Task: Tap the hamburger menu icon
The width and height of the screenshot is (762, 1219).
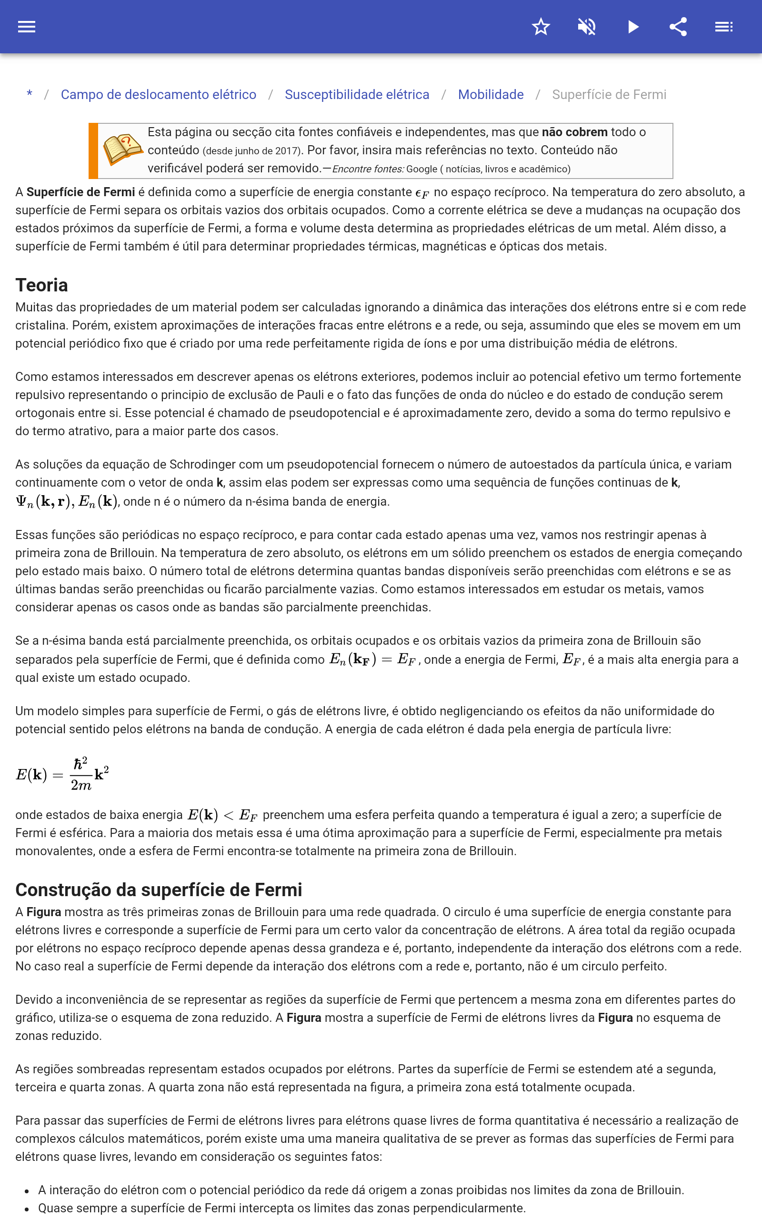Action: [27, 27]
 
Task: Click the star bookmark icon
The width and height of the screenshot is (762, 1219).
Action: [541, 27]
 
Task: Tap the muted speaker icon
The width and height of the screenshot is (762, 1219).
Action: [587, 27]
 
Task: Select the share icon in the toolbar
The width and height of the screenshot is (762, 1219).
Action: [678, 27]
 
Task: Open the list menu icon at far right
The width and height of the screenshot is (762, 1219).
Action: [724, 27]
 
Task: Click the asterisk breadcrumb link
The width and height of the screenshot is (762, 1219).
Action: [30, 94]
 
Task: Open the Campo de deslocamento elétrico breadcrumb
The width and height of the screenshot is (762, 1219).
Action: [158, 94]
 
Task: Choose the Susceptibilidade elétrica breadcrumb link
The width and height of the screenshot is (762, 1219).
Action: [357, 94]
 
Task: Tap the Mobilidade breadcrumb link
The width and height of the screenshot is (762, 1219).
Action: [491, 94]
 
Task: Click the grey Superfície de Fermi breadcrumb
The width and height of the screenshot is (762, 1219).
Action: [609, 94]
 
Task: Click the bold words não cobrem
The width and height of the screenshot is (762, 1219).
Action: [574, 132]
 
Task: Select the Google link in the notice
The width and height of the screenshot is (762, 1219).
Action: [422, 169]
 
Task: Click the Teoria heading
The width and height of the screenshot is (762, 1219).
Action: [41, 285]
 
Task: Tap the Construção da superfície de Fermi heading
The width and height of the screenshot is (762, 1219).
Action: [158, 889]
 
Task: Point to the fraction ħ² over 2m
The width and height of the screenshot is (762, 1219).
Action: [80, 774]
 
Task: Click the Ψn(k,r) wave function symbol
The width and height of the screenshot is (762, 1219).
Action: [43, 502]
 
